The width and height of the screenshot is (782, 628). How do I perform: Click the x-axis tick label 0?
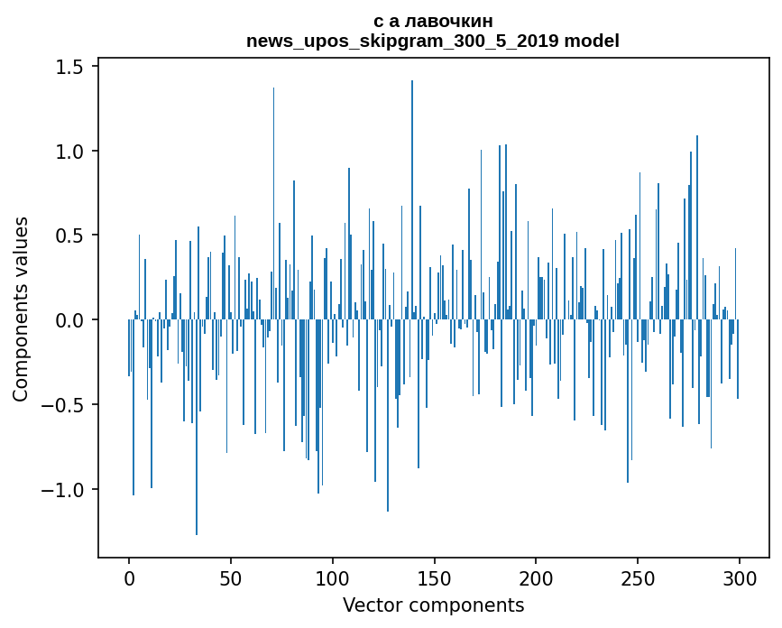point(129,577)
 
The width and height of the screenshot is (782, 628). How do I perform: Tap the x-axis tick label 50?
point(231,577)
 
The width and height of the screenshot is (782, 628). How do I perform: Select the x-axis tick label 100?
point(333,577)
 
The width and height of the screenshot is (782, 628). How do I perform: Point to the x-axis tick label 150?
point(435,577)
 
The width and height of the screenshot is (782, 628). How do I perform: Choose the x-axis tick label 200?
point(536,577)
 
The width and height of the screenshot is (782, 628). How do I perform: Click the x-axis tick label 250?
point(638,577)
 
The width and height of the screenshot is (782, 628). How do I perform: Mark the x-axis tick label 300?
point(740,577)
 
